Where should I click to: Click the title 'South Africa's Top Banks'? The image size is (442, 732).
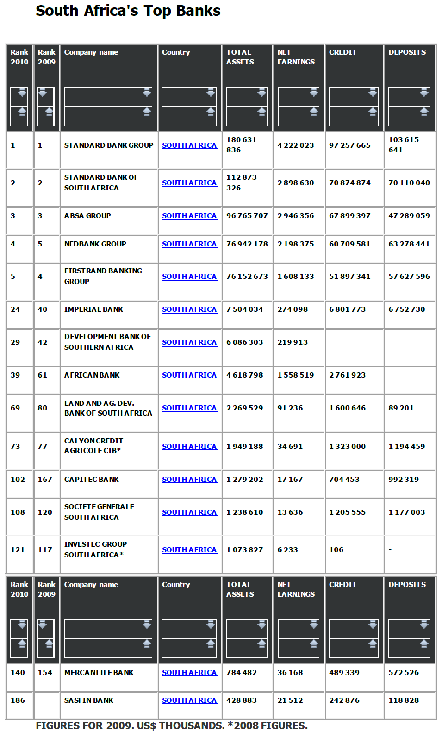coord(128,11)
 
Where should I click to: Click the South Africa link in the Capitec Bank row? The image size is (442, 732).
coord(189,480)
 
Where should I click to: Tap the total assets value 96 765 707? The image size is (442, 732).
coord(247,216)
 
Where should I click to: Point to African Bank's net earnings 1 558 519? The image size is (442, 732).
coord(295,375)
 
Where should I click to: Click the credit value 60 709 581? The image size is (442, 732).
coord(349,244)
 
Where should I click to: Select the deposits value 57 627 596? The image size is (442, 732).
coord(409,277)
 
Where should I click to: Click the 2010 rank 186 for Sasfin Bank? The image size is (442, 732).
coord(18,700)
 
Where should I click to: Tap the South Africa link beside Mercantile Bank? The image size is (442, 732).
coord(189,673)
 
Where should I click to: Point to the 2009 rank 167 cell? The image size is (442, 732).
coord(45,480)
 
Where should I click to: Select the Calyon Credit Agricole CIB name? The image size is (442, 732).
coord(93,446)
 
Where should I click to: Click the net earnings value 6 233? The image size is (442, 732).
coord(287,550)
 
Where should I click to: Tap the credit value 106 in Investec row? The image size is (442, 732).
coord(336,550)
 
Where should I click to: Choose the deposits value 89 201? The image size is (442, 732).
coord(401,408)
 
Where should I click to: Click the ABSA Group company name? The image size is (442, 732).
coord(87,216)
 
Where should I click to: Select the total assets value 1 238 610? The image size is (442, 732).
coord(244,512)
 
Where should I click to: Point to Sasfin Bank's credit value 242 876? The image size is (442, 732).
coord(344,700)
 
